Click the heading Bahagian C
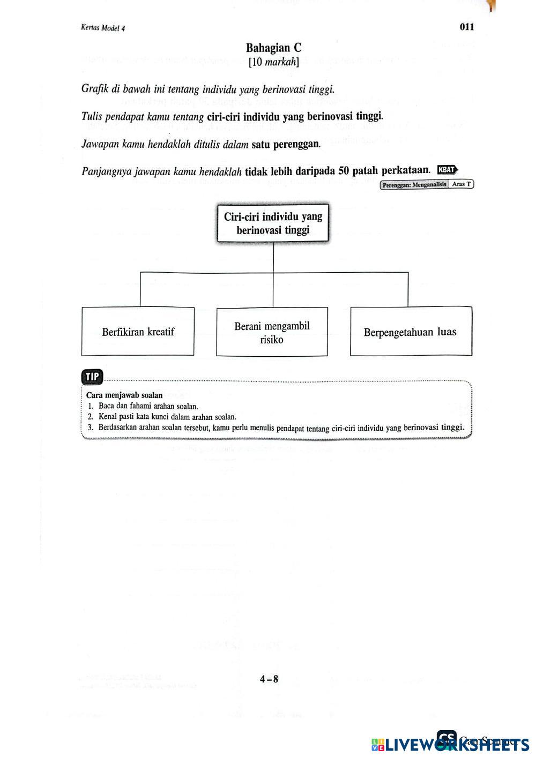point(273,48)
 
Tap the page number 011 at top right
point(467,27)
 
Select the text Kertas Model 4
point(102,28)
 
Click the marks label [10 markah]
point(273,62)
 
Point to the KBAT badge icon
point(448,170)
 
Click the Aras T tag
point(461,184)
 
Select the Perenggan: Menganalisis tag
point(414,185)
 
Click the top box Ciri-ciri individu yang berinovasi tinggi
point(273,223)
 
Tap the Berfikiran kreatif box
point(138,332)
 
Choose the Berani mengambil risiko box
point(272,332)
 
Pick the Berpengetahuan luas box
point(411,332)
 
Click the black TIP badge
point(92,377)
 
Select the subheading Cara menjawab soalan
point(124,395)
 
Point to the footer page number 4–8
point(269,679)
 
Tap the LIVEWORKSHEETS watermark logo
point(450,744)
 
